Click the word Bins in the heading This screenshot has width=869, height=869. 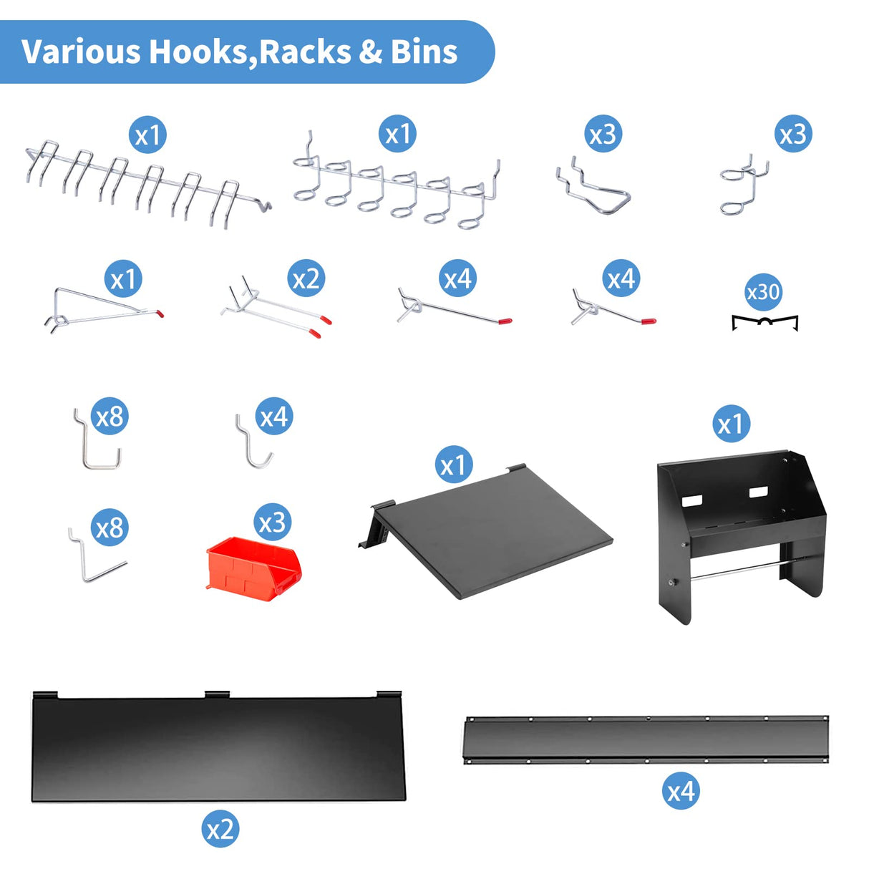[424, 52]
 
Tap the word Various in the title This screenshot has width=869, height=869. [80, 52]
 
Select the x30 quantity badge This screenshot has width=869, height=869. [763, 292]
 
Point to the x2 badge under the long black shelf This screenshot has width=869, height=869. [220, 829]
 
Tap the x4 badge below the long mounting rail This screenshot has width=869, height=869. [681, 791]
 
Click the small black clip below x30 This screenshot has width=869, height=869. [764, 323]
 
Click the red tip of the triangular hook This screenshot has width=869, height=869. [160, 313]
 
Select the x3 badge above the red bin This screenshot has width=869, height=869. [272, 523]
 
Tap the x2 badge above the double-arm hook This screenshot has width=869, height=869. [306, 278]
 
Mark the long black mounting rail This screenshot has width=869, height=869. [646, 739]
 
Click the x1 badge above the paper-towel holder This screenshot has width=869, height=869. [731, 424]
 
